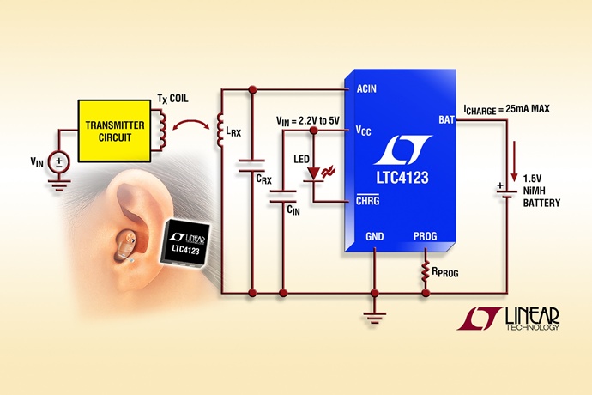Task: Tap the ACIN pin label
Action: pos(359,88)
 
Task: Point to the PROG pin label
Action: pos(426,234)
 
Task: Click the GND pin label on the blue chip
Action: pos(375,234)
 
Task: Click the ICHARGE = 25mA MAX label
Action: pos(505,109)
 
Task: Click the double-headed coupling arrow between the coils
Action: pos(191,129)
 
